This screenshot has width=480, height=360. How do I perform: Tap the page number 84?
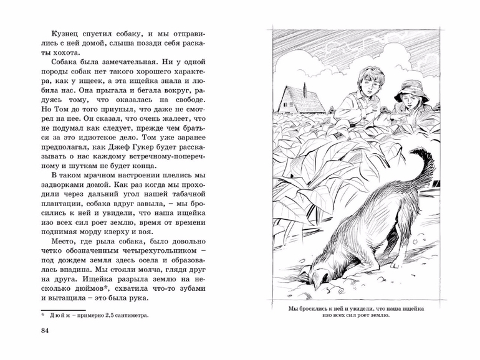(x=44, y=329)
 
